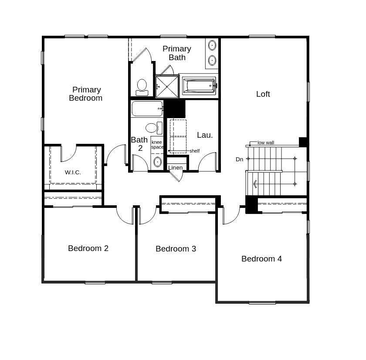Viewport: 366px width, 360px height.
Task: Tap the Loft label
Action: pos(263,94)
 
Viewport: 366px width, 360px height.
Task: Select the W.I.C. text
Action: pos(73,172)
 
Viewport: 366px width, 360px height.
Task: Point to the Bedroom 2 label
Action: pos(88,248)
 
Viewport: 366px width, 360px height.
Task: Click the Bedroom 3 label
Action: pos(176,248)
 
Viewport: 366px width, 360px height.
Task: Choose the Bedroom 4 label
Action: pos(261,258)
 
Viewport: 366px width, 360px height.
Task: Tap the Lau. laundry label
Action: pos(205,135)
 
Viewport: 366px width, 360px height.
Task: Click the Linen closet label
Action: pos(175,168)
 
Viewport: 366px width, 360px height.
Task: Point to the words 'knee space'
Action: pos(157,145)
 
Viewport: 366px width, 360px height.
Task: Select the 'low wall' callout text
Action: pos(265,143)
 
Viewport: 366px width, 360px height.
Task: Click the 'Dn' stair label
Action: pos(239,159)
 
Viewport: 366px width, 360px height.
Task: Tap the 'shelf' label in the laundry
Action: pos(194,151)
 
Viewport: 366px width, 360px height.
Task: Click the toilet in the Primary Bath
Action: pos(142,87)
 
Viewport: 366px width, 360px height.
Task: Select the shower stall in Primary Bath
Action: pos(167,86)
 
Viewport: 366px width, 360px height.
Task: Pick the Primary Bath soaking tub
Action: pos(199,85)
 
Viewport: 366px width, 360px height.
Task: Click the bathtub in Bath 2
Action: pos(147,109)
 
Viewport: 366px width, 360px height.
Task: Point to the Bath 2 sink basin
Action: pos(157,162)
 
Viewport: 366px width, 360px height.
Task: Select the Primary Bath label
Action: pos(176,53)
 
